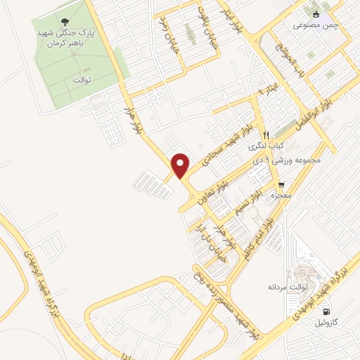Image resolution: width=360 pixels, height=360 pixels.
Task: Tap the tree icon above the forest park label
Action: click(65, 22)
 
